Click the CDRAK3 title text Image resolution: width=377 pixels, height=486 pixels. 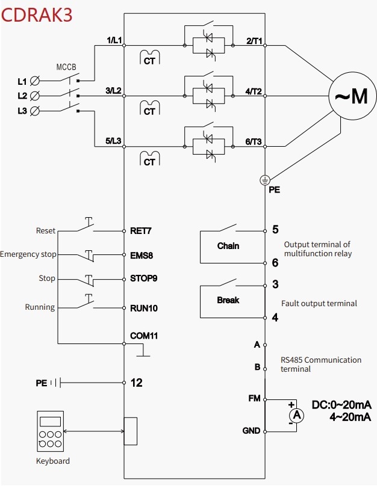(x=37, y=15)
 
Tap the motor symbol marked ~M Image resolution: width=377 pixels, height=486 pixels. (x=352, y=96)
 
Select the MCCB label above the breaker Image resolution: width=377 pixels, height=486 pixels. (x=66, y=67)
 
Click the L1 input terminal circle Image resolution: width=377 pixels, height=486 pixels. (x=35, y=81)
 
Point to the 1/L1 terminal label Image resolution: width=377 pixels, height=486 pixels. (x=114, y=40)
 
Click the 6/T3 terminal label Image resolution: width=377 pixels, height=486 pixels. (x=254, y=141)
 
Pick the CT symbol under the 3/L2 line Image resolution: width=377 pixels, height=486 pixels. (x=149, y=108)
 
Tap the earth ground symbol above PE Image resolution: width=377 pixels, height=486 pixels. (x=265, y=180)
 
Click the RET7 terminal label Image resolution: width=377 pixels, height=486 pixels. (x=140, y=231)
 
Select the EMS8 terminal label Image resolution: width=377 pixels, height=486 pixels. (x=142, y=256)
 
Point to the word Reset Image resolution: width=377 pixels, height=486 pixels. (x=46, y=230)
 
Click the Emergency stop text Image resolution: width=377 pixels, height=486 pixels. (x=28, y=254)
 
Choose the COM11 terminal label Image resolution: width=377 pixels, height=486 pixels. (x=144, y=336)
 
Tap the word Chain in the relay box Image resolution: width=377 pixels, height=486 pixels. (x=228, y=246)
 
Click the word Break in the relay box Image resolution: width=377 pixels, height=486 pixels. (x=228, y=300)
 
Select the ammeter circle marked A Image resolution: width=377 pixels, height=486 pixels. (x=297, y=415)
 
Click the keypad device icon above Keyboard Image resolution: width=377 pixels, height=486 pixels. (x=50, y=431)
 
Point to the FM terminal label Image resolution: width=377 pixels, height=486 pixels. (x=254, y=398)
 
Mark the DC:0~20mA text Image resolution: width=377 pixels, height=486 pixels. (x=341, y=405)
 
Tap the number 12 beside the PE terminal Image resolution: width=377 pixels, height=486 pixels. (x=137, y=383)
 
